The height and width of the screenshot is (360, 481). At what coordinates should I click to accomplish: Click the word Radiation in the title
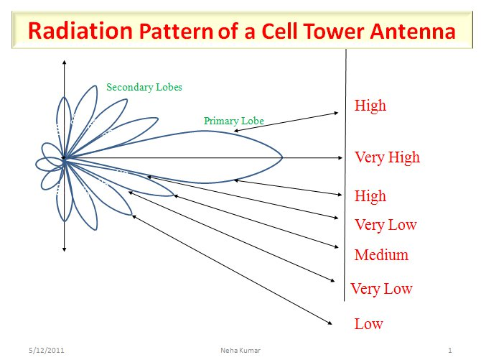78,32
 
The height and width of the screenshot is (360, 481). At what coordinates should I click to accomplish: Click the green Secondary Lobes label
144,87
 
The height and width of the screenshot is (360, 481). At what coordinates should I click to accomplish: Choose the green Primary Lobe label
234,121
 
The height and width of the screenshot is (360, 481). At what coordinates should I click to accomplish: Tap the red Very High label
387,157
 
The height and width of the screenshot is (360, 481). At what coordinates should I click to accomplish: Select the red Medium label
381,255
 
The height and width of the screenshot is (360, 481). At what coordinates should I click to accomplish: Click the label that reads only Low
368,324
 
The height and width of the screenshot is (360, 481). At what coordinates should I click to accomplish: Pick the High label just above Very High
370,106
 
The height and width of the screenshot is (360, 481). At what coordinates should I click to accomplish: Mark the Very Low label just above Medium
386,225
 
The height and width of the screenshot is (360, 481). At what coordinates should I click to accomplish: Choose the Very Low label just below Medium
381,289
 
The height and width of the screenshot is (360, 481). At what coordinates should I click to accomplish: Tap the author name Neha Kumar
240,351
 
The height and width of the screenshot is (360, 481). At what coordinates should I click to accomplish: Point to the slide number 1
449,351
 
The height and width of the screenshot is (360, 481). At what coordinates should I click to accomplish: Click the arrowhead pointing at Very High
340,157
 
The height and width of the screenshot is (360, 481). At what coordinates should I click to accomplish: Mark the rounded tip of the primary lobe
281,157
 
